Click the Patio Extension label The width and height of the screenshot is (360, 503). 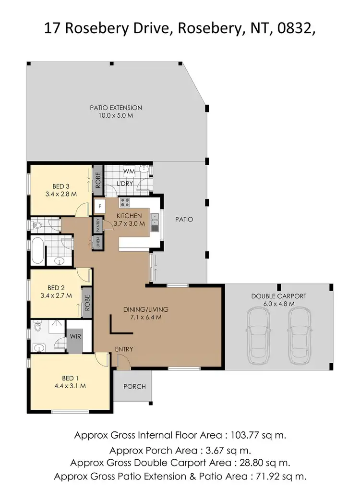pyautogui.click(x=116, y=108)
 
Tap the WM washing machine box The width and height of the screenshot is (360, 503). pyautogui.click(x=128, y=171)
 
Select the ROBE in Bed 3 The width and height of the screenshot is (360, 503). pyautogui.click(x=97, y=180)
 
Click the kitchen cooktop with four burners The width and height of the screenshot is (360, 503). pyautogui.click(x=125, y=202)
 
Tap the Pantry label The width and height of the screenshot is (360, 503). pyautogui.click(x=97, y=224)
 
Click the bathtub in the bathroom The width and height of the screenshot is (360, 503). pyautogui.click(x=37, y=250)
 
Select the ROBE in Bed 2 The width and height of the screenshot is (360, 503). pyautogui.click(x=87, y=301)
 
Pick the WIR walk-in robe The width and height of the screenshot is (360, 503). pyautogui.click(x=75, y=337)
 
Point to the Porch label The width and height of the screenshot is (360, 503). pyautogui.click(x=134, y=386)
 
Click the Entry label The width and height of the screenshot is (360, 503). pyautogui.click(x=124, y=349)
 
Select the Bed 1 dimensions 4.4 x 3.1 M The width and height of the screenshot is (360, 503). pyautogui.click(x=70, y=385)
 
